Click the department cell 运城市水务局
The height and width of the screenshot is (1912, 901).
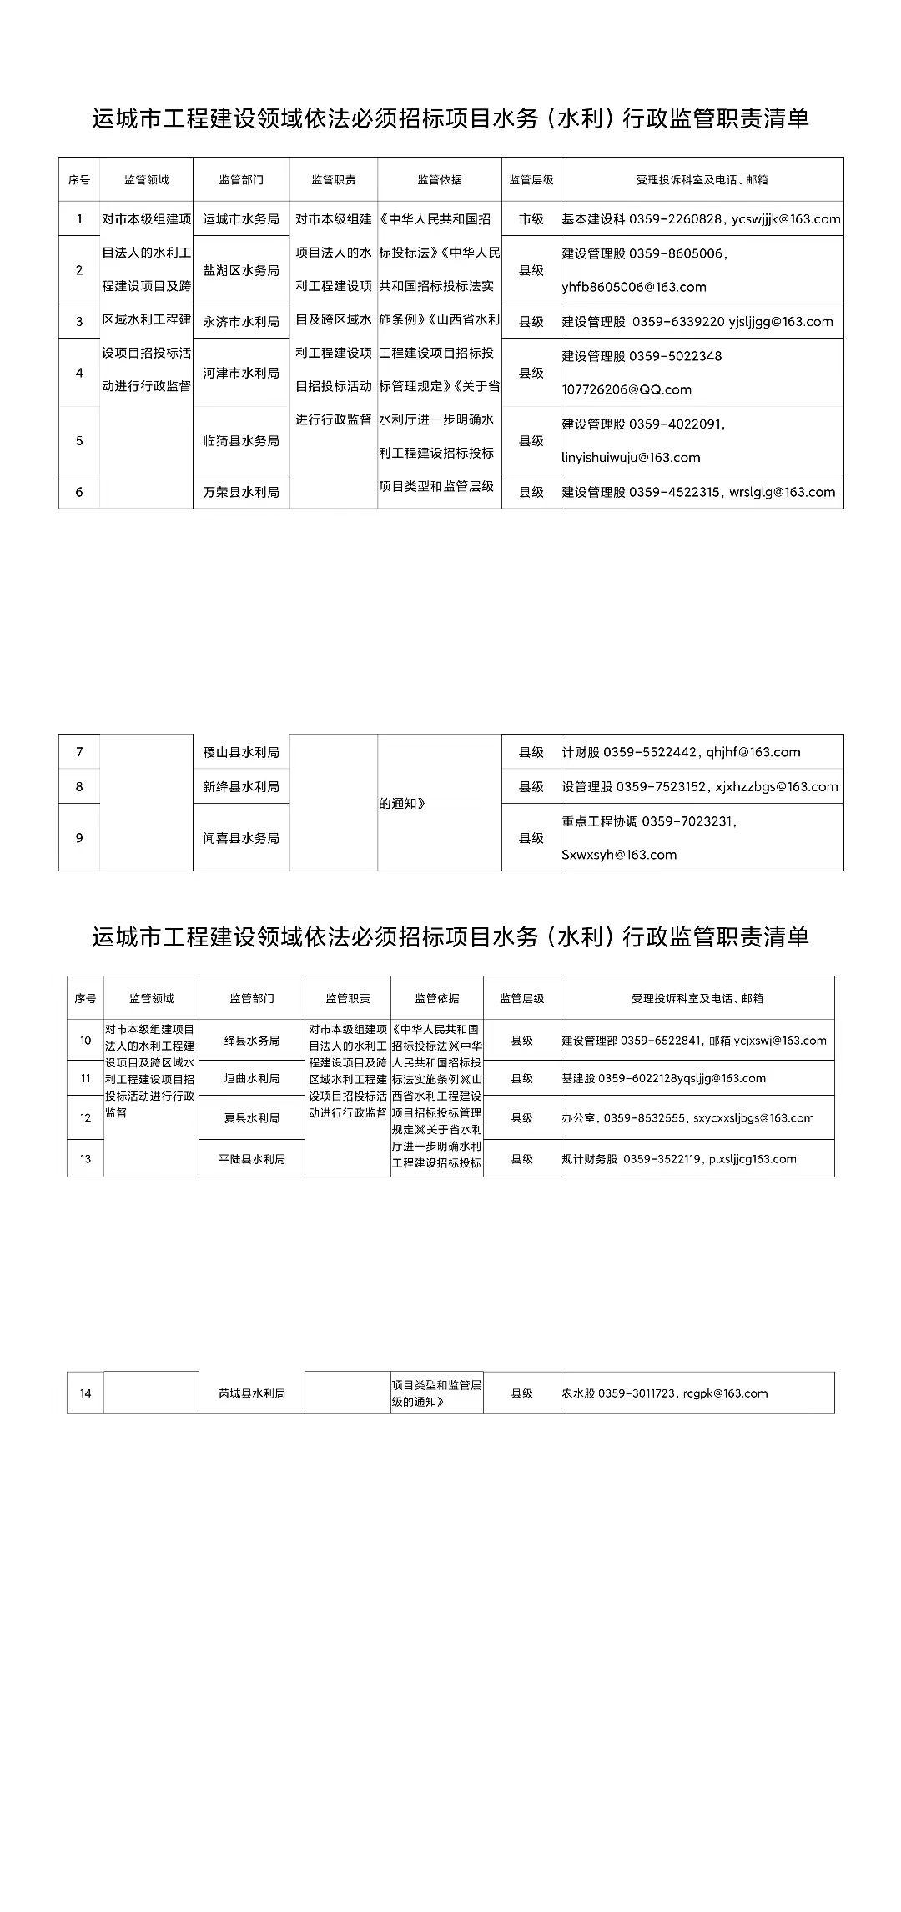tap(241, 219)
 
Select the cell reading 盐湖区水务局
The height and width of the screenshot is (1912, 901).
tap(241, 270)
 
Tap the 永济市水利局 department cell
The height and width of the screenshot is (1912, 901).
tap(241, 321)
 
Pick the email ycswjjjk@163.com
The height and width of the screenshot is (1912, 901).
tap(786, 219)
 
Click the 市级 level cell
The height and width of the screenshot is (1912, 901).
tap(531, 219)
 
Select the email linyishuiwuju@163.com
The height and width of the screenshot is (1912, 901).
tap(631, 457)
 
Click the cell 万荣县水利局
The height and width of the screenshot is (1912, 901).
tap(241, 492)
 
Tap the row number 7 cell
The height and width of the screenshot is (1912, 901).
tap(79, 752)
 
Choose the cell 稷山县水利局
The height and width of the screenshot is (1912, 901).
tap(241, 752)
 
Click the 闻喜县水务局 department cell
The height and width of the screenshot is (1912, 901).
tap(241, 838)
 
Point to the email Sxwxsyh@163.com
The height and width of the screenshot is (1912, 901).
tap(619, 855)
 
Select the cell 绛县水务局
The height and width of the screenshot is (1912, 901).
tap(251, 1041)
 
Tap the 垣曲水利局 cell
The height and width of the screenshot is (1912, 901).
tap(251, 1078)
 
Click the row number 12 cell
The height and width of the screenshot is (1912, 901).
tap(85, 1118)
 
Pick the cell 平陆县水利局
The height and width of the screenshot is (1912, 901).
tap(251, 1159)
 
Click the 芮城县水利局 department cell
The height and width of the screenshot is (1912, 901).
tap(251, 1393)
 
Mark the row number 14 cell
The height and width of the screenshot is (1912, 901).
tap(85, 1393)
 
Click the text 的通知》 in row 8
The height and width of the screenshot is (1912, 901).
tap(402, 804)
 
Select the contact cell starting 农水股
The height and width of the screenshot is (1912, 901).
tap(664, 1393)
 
